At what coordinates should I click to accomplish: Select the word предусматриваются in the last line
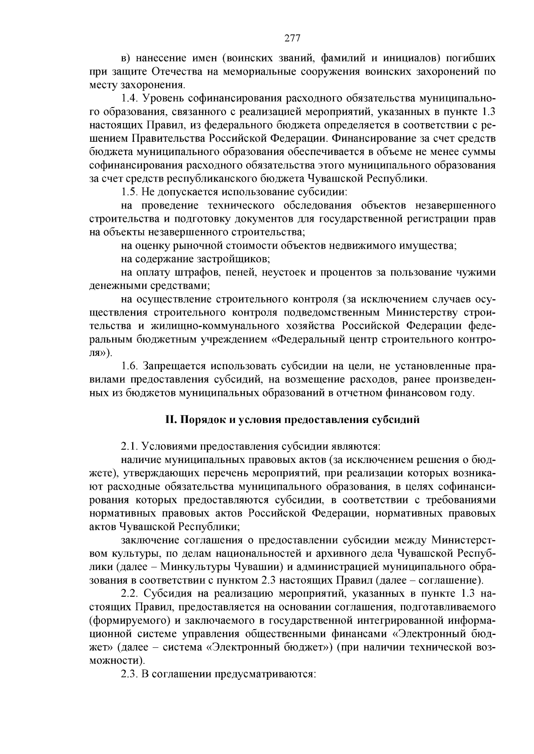[266, 674]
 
